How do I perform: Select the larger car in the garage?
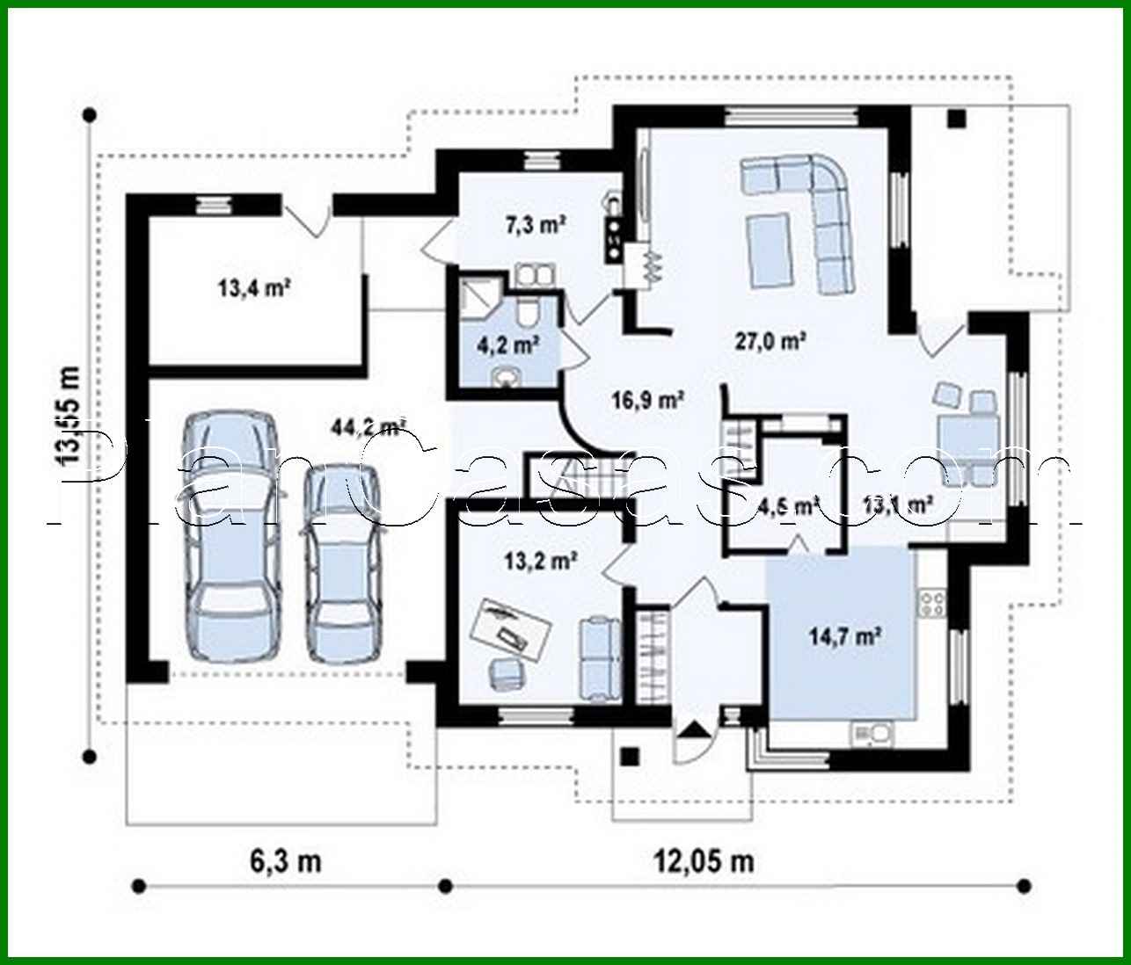click(230, 536)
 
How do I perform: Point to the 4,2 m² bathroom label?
click(514, 345)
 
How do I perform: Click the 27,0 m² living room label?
click(771, 341)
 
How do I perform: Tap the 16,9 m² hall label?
click(649, 401)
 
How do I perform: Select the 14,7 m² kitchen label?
click(846, 635)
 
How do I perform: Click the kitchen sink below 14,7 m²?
click(871, 732)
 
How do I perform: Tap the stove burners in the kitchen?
click(931, 604)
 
